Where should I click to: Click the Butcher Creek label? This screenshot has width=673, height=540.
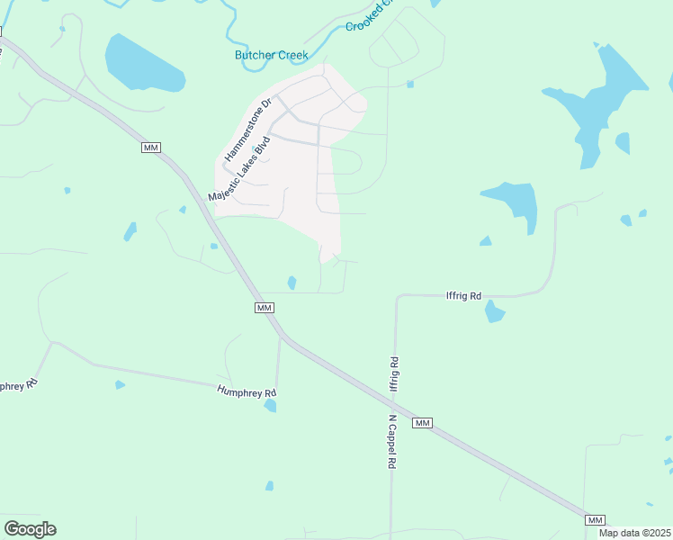(x=271, y=56)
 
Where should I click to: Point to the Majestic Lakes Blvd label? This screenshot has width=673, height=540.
(x=239, y=170)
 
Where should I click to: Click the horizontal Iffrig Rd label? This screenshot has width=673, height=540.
(x=464, y=294)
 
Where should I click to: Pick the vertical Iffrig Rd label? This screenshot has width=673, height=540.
(x=394, y=373)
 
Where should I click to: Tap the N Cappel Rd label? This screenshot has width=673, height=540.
(x=392, y=442)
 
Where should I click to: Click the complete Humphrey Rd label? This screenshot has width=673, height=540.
(x=246, y=391)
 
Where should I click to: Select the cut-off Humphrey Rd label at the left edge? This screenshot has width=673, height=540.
(x=19, y=383)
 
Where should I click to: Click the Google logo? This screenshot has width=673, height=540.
(x=30, y=529)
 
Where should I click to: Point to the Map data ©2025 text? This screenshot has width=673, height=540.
(x=634, y=533)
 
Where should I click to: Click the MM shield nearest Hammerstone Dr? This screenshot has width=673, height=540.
(x=151, y=147)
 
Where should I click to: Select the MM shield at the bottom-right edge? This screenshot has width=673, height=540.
(x=594, y=520)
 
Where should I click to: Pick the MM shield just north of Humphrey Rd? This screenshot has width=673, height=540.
(x=264, y=308)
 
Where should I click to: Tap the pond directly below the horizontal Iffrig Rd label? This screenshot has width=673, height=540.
(x=494, y=311)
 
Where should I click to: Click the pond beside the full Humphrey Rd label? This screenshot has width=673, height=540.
(x=270, y=406)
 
